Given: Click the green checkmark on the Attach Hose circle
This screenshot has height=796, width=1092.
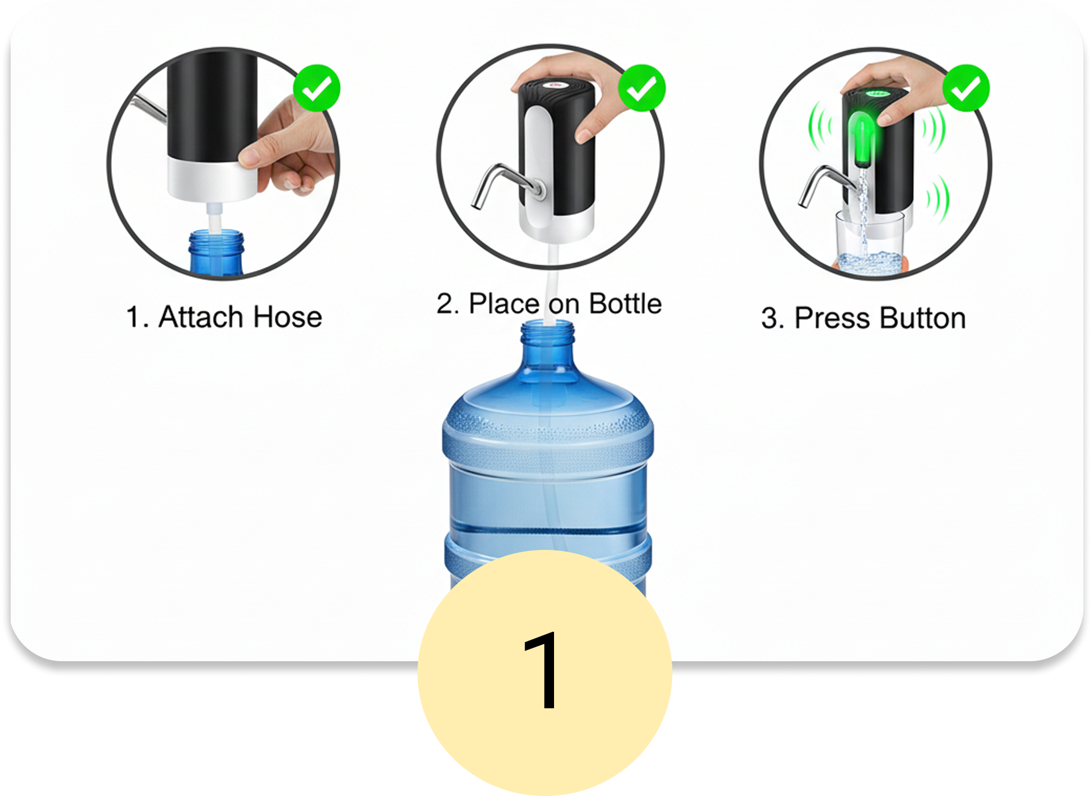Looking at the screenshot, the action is (x=317, y=88).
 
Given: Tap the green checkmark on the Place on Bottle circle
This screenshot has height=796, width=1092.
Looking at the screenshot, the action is (x=642, y=88).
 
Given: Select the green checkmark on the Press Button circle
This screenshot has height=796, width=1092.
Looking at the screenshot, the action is (x=966, y=88).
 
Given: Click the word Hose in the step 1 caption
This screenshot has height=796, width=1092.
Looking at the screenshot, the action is (x=287, y=317).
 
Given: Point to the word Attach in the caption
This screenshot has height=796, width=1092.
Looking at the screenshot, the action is (x=201, y=317).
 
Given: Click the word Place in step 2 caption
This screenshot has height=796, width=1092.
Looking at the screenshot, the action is (x=504, y=303).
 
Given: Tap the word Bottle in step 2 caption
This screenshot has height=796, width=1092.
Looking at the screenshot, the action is (x=625, y=303).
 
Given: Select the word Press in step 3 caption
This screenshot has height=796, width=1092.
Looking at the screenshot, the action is (x=833, y=318).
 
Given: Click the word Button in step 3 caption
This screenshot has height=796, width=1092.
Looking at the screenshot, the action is (x=923, y=318).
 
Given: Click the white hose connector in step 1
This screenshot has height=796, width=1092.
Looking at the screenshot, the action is (x=214, y=217).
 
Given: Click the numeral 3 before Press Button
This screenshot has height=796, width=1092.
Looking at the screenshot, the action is (x=769, y=319).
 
